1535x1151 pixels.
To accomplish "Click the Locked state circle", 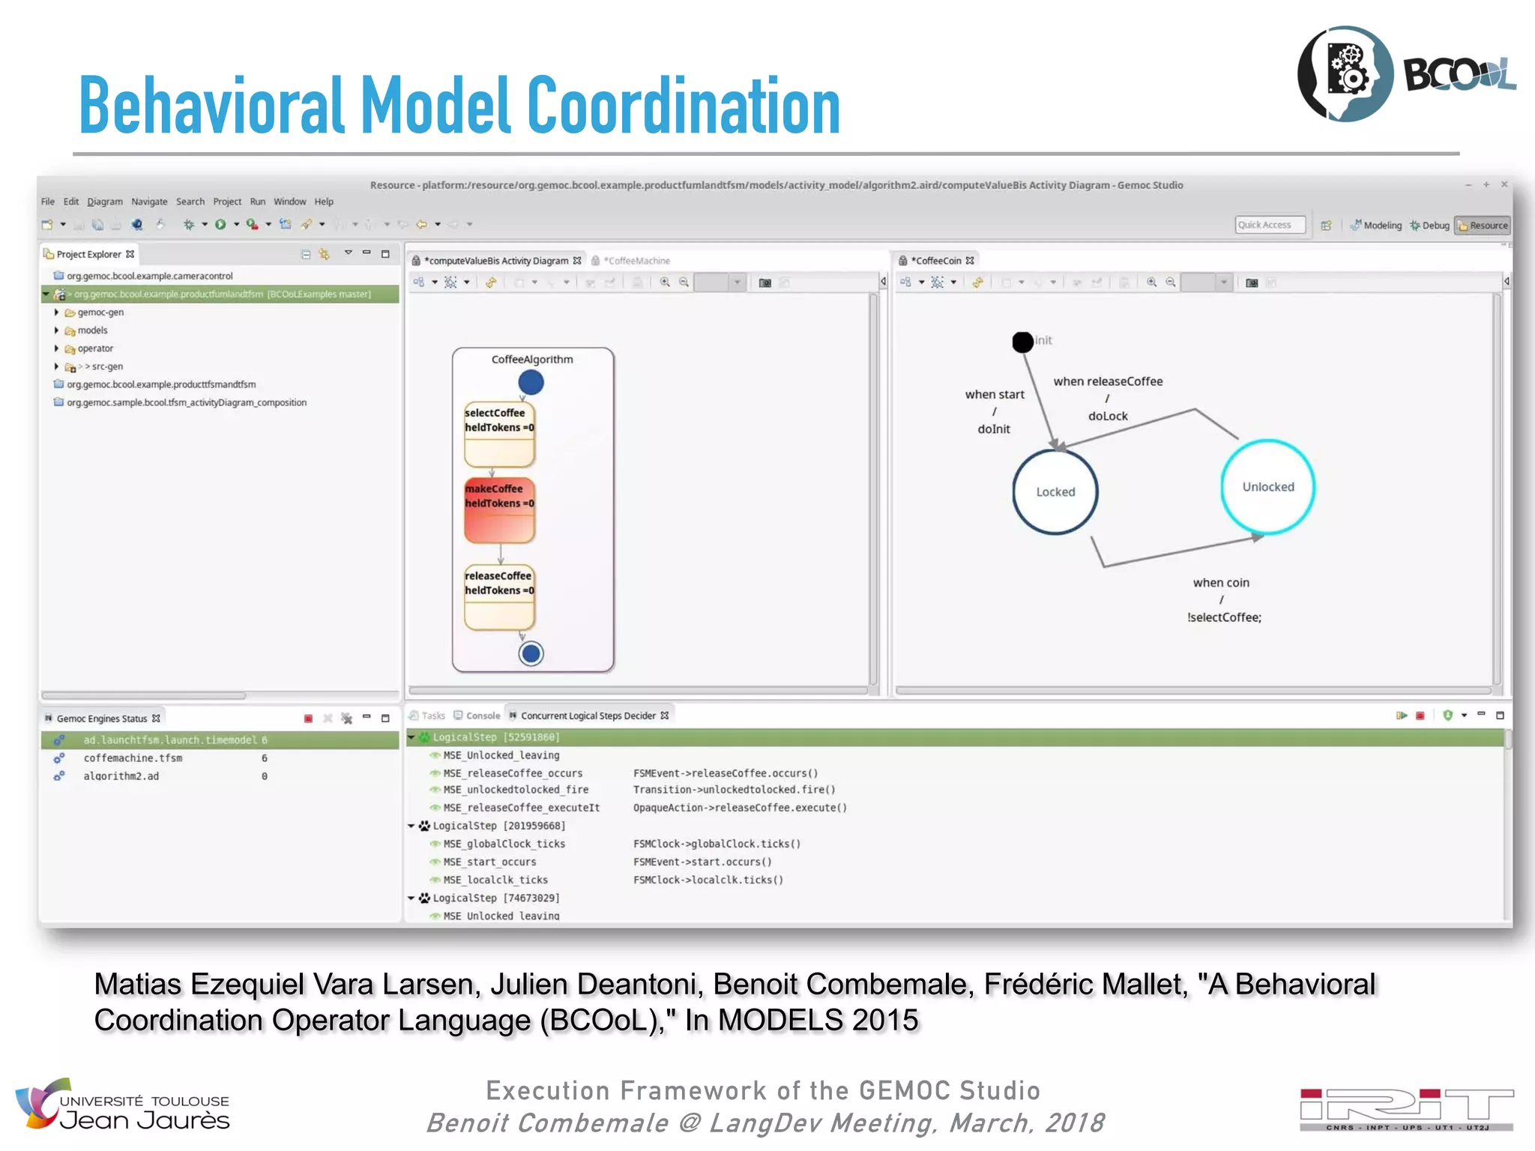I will point(1055,492).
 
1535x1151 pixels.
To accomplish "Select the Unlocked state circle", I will point(1267,487).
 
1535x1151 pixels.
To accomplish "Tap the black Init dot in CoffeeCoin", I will point(1022,342).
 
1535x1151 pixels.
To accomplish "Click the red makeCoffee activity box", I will point(499,510).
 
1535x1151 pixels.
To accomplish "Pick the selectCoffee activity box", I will point(499,435).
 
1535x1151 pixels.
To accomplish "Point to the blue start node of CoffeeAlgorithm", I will point(531,383).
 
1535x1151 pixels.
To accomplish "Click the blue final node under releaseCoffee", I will point(531,653).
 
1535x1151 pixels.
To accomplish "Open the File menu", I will point(48,202).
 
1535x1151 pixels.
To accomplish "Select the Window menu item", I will point(289,202).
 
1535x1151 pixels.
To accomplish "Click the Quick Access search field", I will point(1269,225).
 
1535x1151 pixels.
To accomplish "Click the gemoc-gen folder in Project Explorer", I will point(100,312).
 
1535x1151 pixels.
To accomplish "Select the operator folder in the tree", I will point(95,348).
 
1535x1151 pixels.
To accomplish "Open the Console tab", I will point(482,716).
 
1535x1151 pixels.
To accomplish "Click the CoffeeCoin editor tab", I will point(938,261).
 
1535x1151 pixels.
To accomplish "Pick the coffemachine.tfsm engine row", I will point(133,758).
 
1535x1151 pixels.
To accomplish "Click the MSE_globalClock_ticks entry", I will point(504,844).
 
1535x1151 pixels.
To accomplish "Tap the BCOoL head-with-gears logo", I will point(1346,73).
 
